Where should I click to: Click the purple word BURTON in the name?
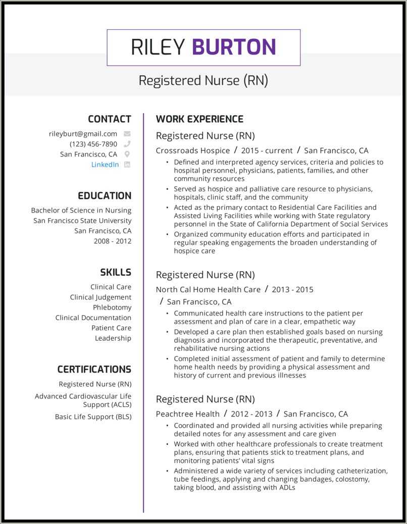point(234,47)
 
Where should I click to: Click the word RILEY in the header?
point(158,47)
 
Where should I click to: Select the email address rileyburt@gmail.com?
point(83,134)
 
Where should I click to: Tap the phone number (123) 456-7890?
point(93,144)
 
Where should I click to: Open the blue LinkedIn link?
point(105,165)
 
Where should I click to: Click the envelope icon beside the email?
point(127,134)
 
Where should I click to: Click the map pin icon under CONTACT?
point(127,154)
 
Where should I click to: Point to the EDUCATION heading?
point(105,196)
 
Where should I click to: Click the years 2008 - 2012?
point(112,241)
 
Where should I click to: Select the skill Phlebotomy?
point(112,307)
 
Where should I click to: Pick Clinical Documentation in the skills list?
point(93,318)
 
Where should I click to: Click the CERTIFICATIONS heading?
point(94,370)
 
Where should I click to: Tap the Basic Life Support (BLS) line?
point(93,416)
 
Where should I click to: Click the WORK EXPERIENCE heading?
point(199,119)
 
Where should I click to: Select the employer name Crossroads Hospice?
point(192,150)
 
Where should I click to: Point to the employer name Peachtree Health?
point(187,414)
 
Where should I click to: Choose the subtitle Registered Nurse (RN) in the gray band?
point(203,81)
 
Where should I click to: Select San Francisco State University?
point(82,221)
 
